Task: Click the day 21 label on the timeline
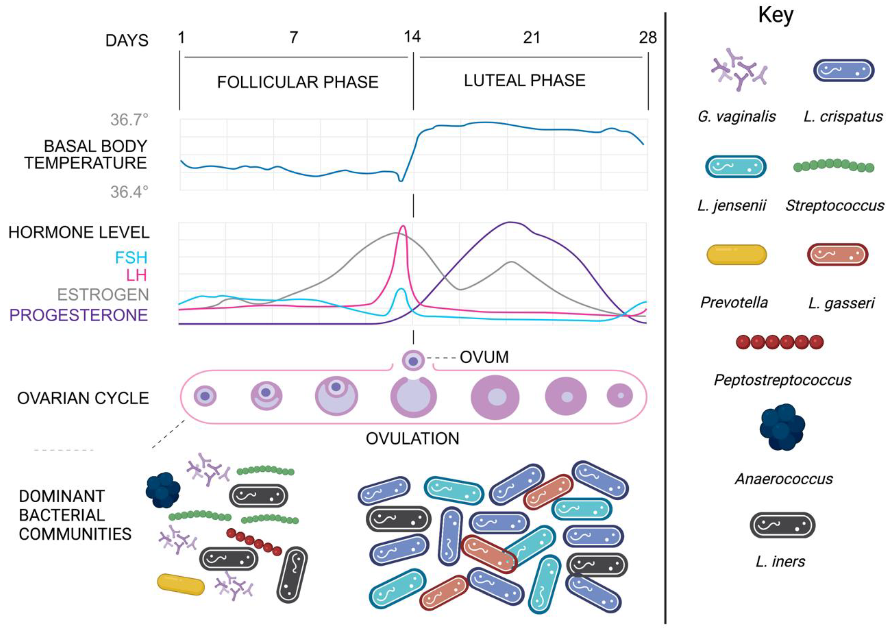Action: [531, 38]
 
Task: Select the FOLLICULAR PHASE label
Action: [298, 82]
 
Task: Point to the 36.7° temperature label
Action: [129, 120]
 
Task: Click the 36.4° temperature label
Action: [129, 192]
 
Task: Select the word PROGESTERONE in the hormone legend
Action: [78, 315]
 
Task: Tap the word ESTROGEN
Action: [103, 295]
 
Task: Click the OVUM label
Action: [484, 357]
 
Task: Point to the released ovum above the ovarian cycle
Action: [413, 361]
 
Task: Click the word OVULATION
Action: [412, 439]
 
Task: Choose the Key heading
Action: [775, 16]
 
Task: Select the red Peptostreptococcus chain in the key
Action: [779, 342]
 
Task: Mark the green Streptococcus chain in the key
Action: [834, 166]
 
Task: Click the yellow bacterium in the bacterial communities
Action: [181, 584]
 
